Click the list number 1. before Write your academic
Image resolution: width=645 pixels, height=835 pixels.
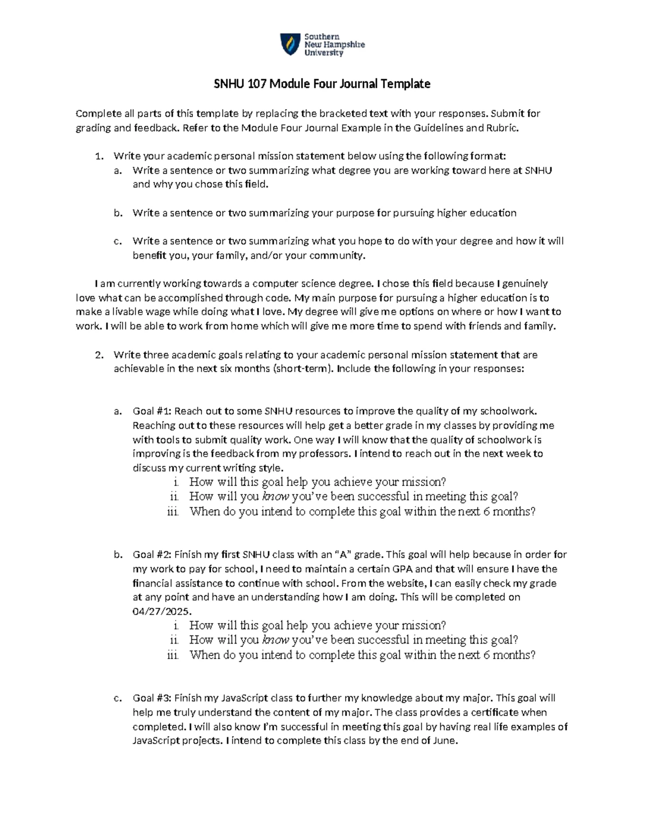pos(98,156)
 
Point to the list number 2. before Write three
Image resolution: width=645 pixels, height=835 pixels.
pos(98,355)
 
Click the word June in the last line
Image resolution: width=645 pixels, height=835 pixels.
pos(445,741)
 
